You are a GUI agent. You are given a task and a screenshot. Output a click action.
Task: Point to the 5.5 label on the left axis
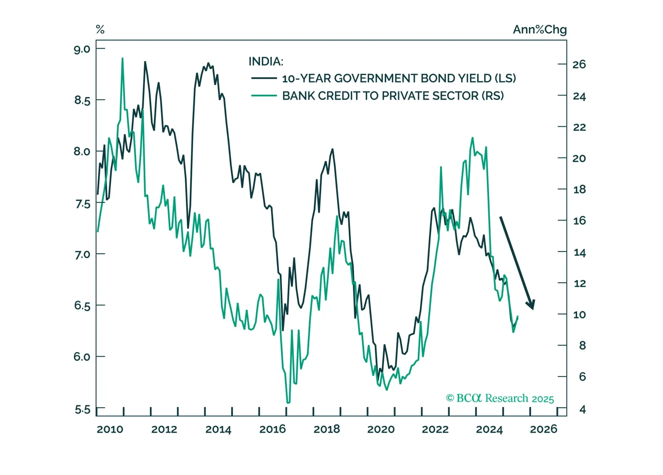[82, 410]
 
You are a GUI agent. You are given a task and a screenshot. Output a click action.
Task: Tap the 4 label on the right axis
[582, 410]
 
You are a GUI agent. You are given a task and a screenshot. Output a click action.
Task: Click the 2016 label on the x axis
[272, 429]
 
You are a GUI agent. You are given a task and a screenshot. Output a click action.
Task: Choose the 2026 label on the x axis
[543, 429]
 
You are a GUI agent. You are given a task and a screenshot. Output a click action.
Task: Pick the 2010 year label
[110, 429]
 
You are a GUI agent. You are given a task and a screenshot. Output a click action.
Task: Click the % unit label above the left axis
[100, 29]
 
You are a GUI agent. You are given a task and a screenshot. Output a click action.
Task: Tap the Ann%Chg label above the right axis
[539, 29]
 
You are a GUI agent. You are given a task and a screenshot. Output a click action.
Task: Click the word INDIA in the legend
[266, 62]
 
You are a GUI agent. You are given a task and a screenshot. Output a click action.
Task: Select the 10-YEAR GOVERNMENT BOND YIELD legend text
[399, 78]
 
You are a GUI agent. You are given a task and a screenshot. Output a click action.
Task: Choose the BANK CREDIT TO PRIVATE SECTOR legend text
[393, 96]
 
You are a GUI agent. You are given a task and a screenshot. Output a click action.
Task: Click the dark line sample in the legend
[264, 78]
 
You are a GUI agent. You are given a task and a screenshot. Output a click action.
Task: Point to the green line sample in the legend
[264, 95]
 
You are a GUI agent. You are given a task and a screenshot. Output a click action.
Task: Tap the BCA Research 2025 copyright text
[500, 398]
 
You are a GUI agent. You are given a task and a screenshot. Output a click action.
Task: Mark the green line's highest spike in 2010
[122, 59]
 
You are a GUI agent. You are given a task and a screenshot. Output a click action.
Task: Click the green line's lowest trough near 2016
[288, 402]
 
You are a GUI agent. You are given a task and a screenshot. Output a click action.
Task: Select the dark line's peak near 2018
[333, 149]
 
